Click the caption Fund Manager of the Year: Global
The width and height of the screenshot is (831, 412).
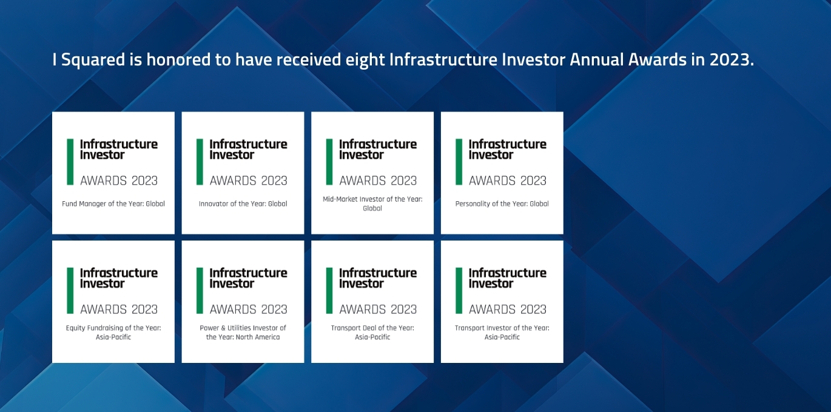[113, 204]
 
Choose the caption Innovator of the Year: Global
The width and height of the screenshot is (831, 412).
[243, 204]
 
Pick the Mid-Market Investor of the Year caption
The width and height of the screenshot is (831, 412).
[372, 204]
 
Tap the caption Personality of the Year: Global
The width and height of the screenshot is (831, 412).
[502, 204]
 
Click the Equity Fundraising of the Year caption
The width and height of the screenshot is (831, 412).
[113, 333]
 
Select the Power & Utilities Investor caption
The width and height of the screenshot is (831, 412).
[243, 333]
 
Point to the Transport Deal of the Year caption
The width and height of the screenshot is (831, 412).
[372, 333]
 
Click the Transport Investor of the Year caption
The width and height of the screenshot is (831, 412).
[502, 333]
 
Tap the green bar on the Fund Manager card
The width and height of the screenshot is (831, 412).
[70, 162]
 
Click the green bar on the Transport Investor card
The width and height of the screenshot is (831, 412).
[459, 291]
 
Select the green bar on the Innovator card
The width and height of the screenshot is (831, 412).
[200, 162]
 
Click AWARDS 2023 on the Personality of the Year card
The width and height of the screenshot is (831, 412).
[508, 181]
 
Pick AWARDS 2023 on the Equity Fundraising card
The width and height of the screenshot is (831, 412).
[119, 310]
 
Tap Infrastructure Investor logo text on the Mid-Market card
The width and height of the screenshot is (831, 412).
[377, 150]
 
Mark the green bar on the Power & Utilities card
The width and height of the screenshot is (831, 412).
[200, 291]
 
